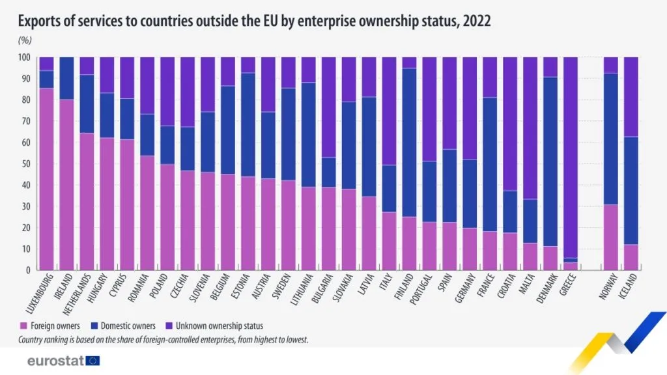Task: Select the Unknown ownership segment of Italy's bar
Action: (x=390, y=111)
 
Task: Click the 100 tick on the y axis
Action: (x=25, y=57)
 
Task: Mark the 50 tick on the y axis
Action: (x=27, y=164)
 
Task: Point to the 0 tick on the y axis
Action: (x=29, y=270)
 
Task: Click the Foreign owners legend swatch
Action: (x=24, y=326)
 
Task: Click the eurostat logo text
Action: (x=56, y=360)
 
